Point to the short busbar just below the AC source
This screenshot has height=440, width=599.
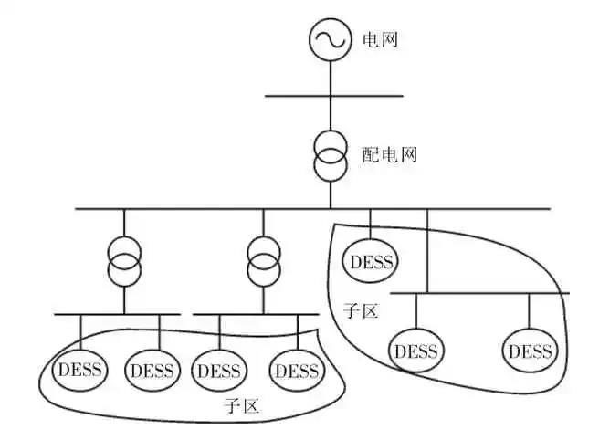(x=333, y=95)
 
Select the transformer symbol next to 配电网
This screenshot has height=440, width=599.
(x=330, y=156)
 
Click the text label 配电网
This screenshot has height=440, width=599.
(x=389, y=154)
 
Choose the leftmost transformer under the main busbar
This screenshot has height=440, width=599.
(x=123, y=262)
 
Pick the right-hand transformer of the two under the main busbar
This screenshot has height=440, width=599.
(x=263, y=262)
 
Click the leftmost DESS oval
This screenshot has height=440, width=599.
(x=80, y=371)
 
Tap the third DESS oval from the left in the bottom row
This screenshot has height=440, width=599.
(x=219, y=371)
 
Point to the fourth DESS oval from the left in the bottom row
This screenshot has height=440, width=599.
(x=297, y=371)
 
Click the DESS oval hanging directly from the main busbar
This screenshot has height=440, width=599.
(x=370, y=262)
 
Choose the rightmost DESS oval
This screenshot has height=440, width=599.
(x=531, y=351)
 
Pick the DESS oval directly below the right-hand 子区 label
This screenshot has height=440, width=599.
(x=415, y=351)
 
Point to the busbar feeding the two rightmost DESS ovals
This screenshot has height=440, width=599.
(x=479, y=293)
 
